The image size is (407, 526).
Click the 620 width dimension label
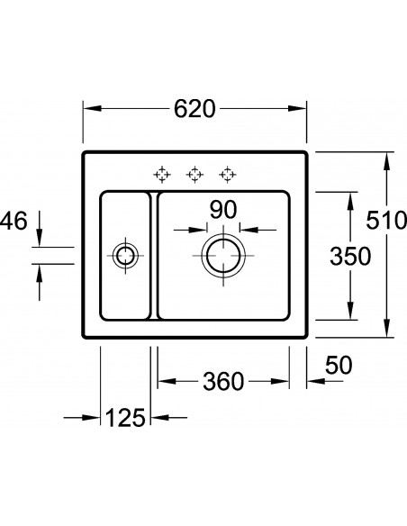[x=194, y=108]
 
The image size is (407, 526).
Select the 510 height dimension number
[x=386, y=221]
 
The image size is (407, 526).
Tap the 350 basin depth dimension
[x=350, y=257]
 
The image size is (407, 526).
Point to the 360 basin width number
[x=223, y=381]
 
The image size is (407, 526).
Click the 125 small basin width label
[x=125, y=418]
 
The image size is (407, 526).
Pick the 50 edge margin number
[x=339, y=366]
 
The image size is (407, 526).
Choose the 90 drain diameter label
[x=223, y=210]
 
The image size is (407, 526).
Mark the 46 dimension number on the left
[x=14, y=221]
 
